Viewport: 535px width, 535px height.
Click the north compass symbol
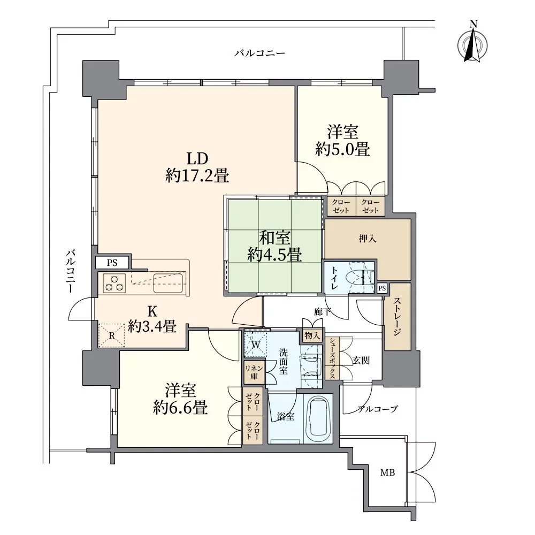click(472, 44)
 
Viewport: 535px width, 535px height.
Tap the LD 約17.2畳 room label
click(197, 167)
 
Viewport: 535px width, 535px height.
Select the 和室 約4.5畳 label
click(274, 246)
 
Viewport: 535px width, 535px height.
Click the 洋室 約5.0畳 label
click(342, 141)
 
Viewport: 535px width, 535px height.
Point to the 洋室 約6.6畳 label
click(180, 399)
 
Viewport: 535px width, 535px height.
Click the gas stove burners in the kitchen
click(114, 283)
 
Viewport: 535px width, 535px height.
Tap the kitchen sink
click(169, 283)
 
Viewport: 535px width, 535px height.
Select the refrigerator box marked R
click(112, 335)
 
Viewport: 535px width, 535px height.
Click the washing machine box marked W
click(256, 345)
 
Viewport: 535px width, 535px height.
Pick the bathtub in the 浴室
click(318, 419)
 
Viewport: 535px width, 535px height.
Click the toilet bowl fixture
click(358, 277)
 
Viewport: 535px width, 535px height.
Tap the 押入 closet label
click(368, 239)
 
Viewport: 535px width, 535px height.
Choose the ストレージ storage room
click(398, 316)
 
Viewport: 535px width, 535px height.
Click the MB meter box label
click(387, 472)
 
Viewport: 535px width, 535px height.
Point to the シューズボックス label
click(332, 358)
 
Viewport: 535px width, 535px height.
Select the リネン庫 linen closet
click(254, 372)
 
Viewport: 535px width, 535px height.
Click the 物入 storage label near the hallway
click(312, 336)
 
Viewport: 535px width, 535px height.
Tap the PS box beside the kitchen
click(112, 263)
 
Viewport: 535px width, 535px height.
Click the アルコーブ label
click(377, 409)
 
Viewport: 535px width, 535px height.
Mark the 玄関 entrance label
click(361, 360)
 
